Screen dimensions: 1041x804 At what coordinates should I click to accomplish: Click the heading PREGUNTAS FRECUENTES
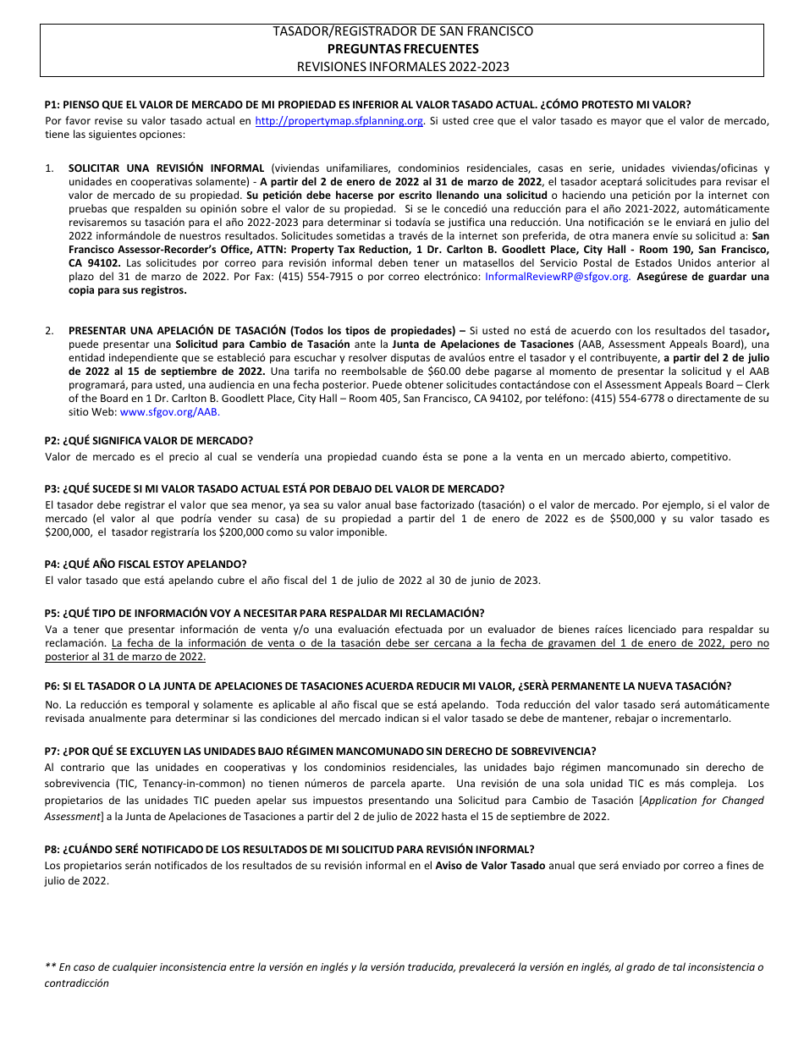[402, 48]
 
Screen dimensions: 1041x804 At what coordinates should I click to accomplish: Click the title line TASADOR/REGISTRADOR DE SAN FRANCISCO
[402, 31]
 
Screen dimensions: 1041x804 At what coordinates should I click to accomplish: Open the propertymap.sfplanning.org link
[339, 121]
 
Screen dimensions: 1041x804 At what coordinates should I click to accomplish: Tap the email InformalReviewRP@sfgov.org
[557, 277]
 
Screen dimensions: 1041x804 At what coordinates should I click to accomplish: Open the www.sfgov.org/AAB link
[169, 412]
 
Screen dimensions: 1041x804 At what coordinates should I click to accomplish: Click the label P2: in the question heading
[52, 441]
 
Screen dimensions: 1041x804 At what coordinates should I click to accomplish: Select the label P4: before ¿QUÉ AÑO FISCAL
[52, 564]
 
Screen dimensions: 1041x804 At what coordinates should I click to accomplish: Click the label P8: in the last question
[52, 850]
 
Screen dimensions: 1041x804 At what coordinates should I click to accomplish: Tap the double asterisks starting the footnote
[50, 967]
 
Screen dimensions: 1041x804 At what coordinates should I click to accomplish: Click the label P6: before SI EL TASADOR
[52, 686]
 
